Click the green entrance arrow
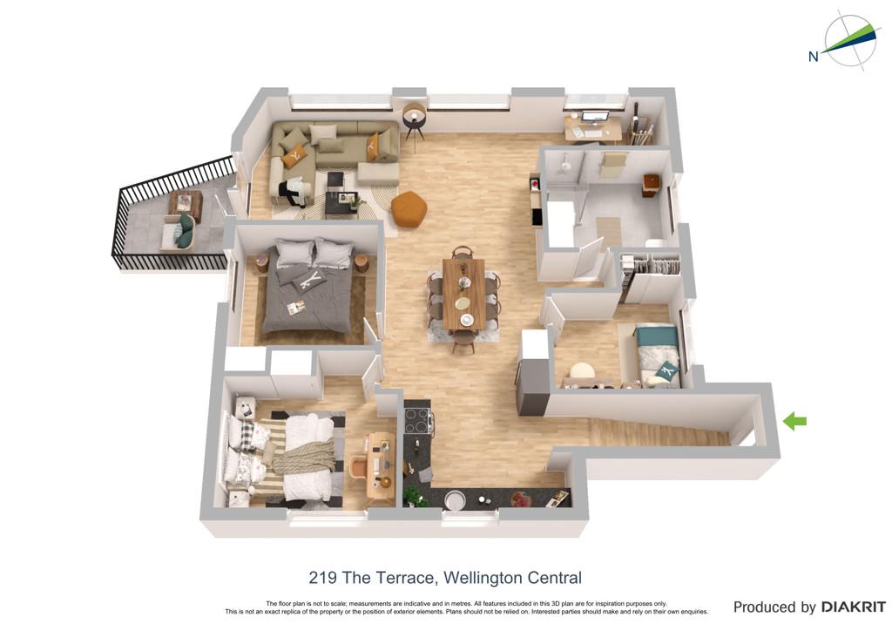pos(794,421)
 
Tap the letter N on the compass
pos(814,57)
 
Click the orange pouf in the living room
pos(409,209)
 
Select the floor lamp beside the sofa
pos(415,121)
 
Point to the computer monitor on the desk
pos(595,118)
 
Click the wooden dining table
pos(464,294)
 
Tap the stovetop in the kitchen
pos(417,422)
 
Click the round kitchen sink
pos(455,501)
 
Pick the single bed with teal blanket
pos(658,356)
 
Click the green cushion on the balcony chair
pos(186,230)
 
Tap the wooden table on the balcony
pos(186,205)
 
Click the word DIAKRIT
pos(854,607)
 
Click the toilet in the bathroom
pos(656,243)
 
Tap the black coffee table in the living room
pos(341,203)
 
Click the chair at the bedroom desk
pos(359,467)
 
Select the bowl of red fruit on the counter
pos(521,499)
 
